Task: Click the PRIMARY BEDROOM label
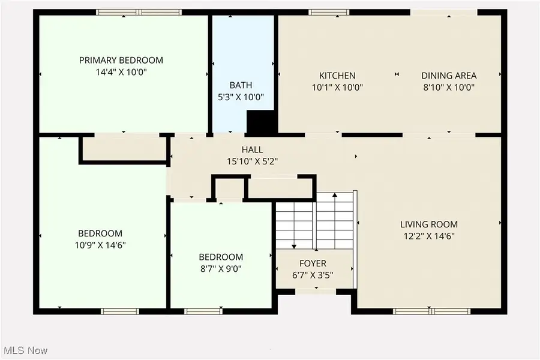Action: [121, 60]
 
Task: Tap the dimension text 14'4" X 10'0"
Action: [121, 72]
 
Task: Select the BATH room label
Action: [241, 85]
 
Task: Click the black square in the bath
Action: [261, 122]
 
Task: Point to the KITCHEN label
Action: [337, 76]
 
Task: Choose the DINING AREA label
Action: [449, 76]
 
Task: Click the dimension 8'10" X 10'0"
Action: [449, 87]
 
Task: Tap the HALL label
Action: [252, 149]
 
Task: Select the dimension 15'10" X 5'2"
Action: [252, 161]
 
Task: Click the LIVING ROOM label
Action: [429, 224]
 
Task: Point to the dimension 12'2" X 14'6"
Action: [429, 236]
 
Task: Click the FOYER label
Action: [313, 263]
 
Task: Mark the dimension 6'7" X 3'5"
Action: [313, 275]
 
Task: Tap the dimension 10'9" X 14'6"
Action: [101, 245]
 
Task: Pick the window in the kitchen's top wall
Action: [328, 12]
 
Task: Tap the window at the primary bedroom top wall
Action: [139, 12]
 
